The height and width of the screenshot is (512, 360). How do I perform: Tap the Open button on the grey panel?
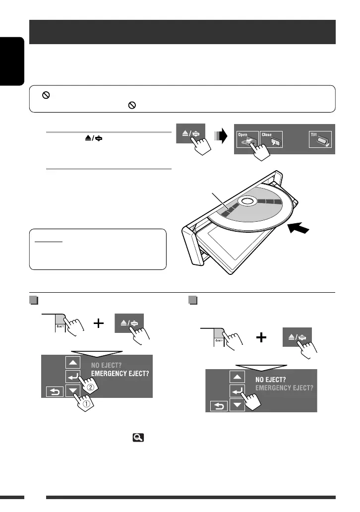(247, 138)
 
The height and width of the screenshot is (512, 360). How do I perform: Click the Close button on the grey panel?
(271, 138)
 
